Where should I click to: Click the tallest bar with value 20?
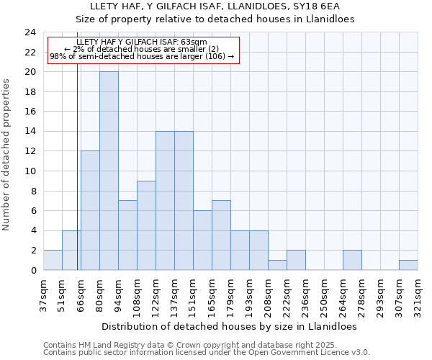tap(109, 171)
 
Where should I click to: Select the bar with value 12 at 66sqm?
tap(90, 210)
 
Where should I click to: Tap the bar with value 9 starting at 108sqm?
tap(146, 225)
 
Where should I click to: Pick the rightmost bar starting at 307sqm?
tap(408, 265)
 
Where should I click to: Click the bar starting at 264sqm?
tap(352, 260)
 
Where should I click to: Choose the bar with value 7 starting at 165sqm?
tap(221, 235)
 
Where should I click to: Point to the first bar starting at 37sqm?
tap(53, 260)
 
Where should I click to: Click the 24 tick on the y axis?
tap(30, 32)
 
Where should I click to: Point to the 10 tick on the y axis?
tap(30, 171)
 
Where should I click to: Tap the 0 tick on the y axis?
tap(33, 271)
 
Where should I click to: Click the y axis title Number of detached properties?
tap(7, 155)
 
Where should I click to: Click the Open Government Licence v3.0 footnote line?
tap(206, 353)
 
